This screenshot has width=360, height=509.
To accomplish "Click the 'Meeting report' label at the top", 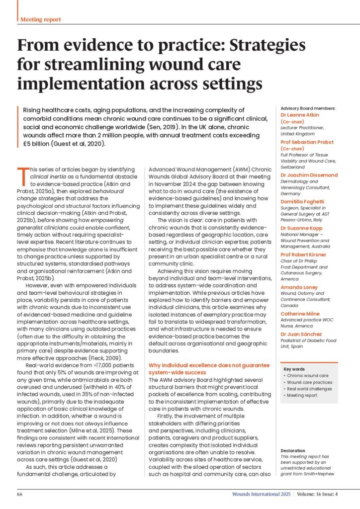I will (41, 19).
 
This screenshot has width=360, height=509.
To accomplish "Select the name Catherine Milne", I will (300, 314).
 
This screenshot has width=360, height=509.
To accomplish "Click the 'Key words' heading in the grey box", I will (295, 369).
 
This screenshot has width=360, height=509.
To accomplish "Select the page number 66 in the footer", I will (20, 495).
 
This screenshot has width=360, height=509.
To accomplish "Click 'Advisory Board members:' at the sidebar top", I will (308, 108).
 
